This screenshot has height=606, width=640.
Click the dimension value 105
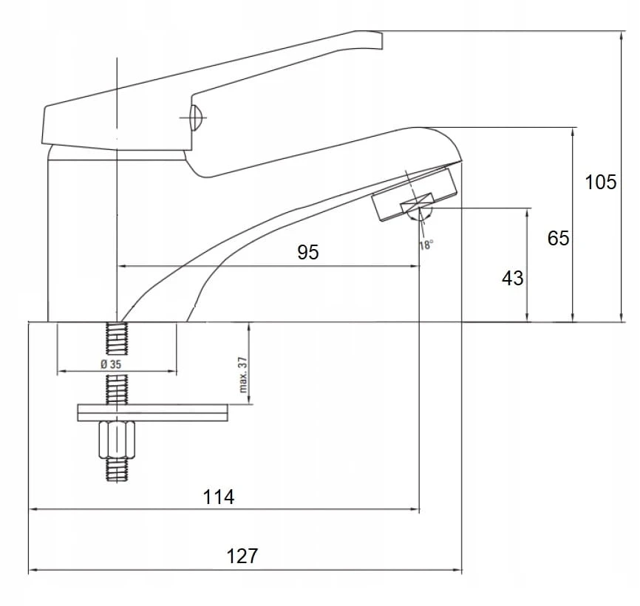click(600, 181)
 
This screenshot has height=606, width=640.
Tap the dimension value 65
click(559, 238)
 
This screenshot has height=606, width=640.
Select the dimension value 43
click(512, 278)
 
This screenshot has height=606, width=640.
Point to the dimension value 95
click(308, 252)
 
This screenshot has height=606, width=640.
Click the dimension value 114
click(219, 497)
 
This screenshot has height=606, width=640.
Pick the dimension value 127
click(242, 555)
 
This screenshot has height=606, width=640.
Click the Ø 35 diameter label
click(109, 365)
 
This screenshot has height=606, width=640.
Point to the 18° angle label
click(426, 245)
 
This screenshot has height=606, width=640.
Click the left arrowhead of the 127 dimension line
click(32, 571)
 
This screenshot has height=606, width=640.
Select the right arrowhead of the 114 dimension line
click(415, 509)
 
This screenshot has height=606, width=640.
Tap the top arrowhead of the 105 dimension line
click(620, 35)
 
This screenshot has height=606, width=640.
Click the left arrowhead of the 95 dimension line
click(121, 265)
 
